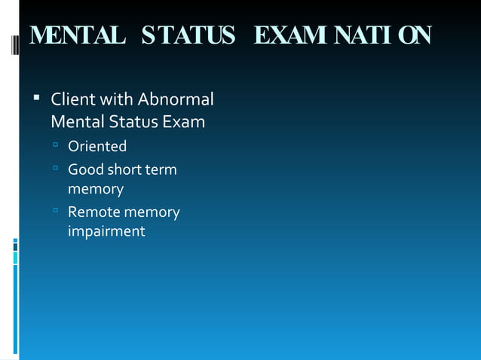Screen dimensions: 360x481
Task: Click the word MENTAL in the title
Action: click(77, 35)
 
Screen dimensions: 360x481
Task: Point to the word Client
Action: click(72, 99)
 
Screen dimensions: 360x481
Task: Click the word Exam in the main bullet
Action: click(185, 121)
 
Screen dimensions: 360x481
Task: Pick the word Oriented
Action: click(97, 146)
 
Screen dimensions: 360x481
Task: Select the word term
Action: click(161, 169)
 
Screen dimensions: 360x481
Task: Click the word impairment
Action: click(106, 231)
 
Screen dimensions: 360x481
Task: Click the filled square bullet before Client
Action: click(35, 99)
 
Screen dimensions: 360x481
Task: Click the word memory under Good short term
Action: click(96, 189)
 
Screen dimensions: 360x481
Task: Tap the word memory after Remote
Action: click(152, 212)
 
